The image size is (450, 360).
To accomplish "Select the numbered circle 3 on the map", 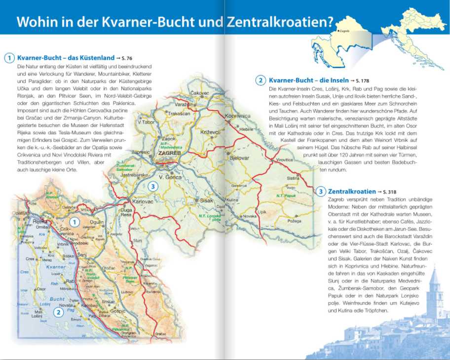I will point(153,186).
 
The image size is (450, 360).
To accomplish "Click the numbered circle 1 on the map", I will point(74,222).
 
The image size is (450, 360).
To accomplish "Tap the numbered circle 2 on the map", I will point(58,312).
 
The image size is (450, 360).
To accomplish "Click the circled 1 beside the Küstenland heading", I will point(9,58).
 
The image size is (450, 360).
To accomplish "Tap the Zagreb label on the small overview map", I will point(345,31).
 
